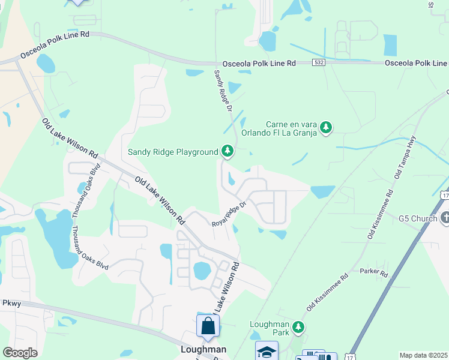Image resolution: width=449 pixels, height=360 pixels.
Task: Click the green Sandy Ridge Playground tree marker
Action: click(x=227, y=151)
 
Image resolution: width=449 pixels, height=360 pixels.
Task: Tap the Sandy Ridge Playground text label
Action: click(x=173, y=152)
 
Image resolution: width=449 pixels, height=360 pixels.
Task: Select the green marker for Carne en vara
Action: click(x=326, y=127)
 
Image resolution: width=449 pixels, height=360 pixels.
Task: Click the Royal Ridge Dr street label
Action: click(x=229, y=214)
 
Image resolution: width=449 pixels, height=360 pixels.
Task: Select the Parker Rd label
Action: click(x=374, y=272)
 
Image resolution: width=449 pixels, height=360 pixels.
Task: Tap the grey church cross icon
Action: click(x=445, y=218)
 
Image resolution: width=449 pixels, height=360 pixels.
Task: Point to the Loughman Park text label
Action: click(x=270, y=328)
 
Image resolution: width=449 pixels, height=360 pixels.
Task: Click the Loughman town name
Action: click(x=204, y=349)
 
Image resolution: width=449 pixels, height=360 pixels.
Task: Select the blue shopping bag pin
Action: click(x=208, y=325)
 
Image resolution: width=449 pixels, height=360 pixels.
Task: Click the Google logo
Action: click(x=20, y=353)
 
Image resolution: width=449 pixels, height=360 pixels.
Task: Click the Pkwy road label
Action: click(x=11, y=303)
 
